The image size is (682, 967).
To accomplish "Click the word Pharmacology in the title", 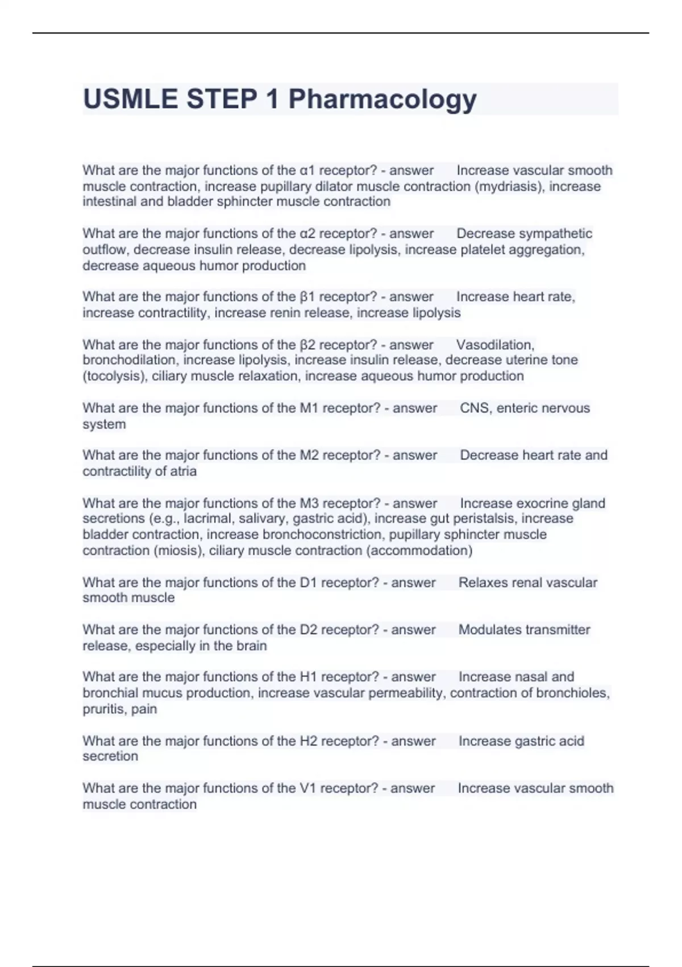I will click(382, 99).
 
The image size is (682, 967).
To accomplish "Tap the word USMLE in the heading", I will click(130, 99).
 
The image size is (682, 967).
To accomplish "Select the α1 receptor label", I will click(307, 171).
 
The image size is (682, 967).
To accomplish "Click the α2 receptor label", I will click(307, 234).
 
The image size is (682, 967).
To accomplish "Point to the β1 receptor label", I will click(307, 297).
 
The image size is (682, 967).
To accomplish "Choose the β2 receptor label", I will click(307, 345).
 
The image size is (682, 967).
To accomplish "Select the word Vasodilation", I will click(495, 345).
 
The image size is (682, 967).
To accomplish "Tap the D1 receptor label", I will click(308, 582).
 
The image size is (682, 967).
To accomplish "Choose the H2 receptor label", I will click(308, 741).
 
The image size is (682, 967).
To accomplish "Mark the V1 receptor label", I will click(307, 788).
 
